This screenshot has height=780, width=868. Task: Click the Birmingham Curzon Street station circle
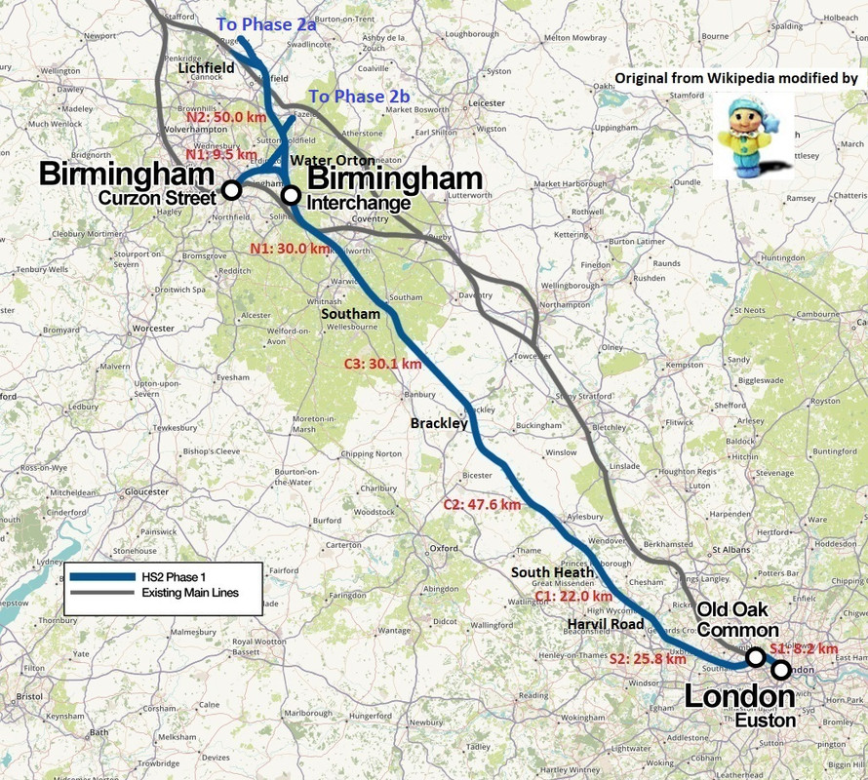pos(232,189)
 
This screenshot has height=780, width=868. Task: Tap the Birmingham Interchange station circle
pos(291,195)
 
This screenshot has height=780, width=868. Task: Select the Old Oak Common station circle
pos(755,657)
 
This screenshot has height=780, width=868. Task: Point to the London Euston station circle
pos(781,670)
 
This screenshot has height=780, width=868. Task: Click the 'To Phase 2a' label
pos(265,24)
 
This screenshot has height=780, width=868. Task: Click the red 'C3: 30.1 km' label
pos(383,364)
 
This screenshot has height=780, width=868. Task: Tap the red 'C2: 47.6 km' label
pos(482,504)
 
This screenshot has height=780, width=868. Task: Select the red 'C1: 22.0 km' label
pos(573,596)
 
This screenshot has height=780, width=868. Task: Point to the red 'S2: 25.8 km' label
pos(649,659)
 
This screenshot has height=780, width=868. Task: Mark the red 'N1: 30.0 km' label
pos(291,248)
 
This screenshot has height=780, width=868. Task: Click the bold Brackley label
pos(439,424)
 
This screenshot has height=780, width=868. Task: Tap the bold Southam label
pos(351,314)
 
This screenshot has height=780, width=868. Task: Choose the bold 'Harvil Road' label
pos(610,623)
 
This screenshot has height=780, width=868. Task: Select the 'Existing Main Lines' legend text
pos(189,593)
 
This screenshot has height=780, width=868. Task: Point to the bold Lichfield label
pos(207,68)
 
